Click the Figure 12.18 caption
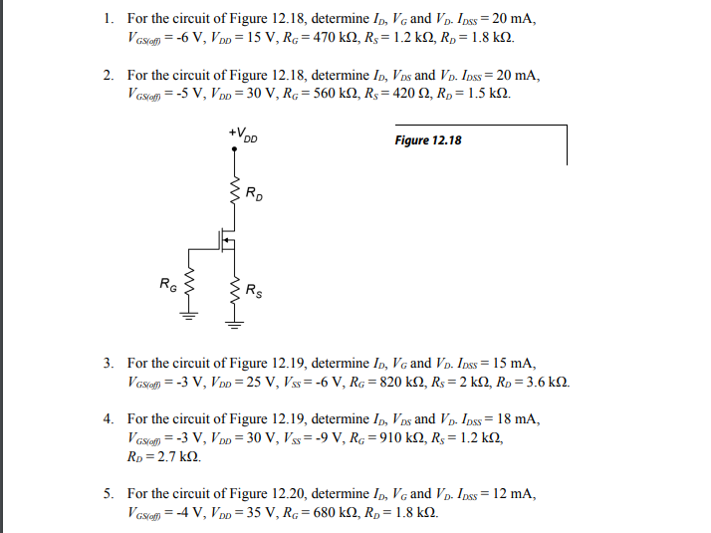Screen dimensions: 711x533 428,140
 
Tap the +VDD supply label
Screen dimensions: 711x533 242,134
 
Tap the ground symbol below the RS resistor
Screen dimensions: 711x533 236,321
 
